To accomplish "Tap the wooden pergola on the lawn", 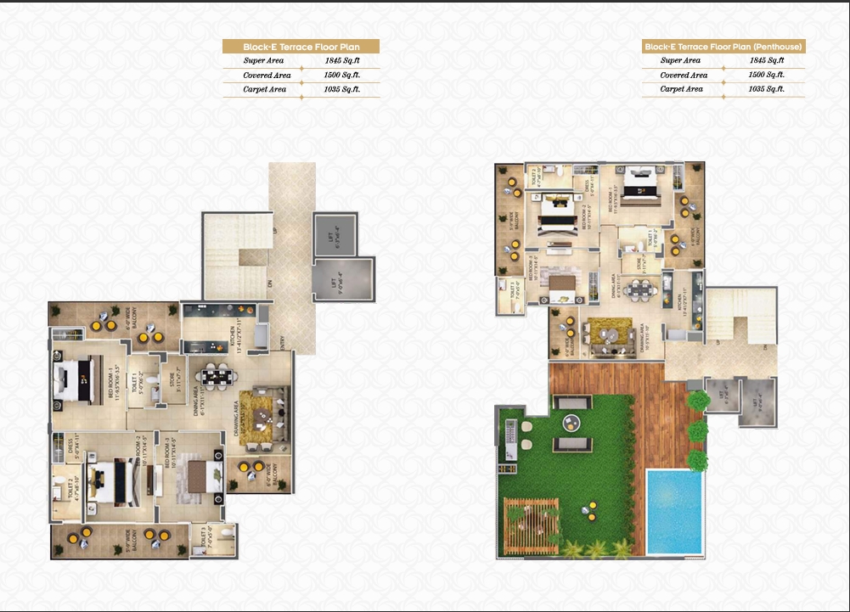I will (x=532, y=519).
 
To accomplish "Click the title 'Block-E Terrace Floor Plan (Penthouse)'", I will (x=723, y=47).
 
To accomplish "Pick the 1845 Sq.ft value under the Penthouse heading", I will (x=767, y=61).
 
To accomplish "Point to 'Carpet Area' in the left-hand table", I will (x=265, y=89).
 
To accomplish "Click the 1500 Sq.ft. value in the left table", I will (x=342, y=76).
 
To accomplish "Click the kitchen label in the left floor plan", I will (x=229, y=334).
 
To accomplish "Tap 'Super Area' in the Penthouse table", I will (x=680, y=61).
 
